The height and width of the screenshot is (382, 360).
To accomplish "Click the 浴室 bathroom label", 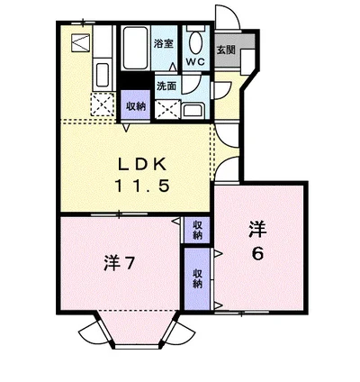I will click(162, 43).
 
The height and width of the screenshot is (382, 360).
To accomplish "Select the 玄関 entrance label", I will click(226, 50).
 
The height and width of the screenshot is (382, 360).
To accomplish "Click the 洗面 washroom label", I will click(166, 86).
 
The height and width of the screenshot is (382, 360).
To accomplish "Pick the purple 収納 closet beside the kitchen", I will click(136, 104).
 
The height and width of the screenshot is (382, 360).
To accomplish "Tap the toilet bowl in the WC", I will click(194, 41).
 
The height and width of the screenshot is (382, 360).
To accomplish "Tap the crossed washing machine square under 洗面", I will click(166, 108).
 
